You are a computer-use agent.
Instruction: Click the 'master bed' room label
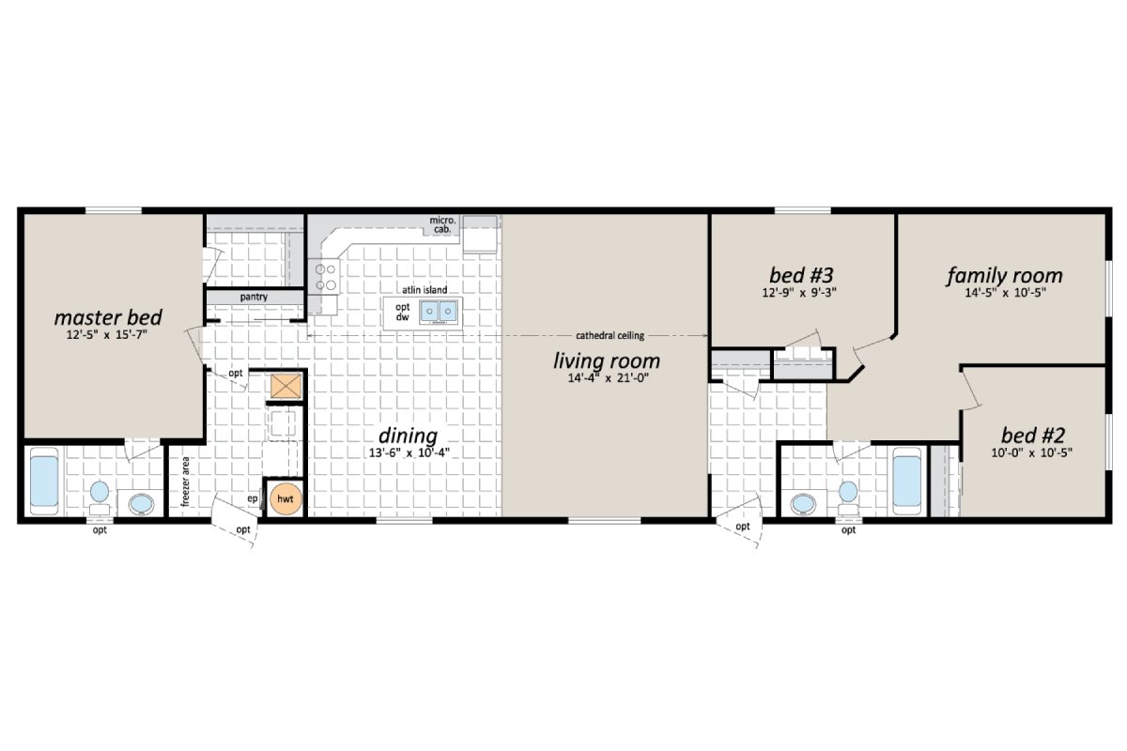[x=108, y=316]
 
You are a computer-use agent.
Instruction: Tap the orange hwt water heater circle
[x=285, y=499]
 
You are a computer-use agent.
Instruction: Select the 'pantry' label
[x=254, y=298]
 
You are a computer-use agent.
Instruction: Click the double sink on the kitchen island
[x=439, y=311]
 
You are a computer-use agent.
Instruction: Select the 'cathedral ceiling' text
[x=610, y=335]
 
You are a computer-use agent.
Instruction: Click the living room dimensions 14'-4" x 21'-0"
[x=606, y=378]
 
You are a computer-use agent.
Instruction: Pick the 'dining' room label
[x=408, y=436]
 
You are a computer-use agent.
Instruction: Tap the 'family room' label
[x=1004, y=275]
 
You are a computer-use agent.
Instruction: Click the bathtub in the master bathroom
[x=44, y=478]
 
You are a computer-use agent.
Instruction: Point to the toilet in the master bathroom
[x=100, y=495]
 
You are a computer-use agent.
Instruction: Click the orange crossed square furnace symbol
[x=285, y=385]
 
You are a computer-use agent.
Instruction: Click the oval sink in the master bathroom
[x=141, y=504]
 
